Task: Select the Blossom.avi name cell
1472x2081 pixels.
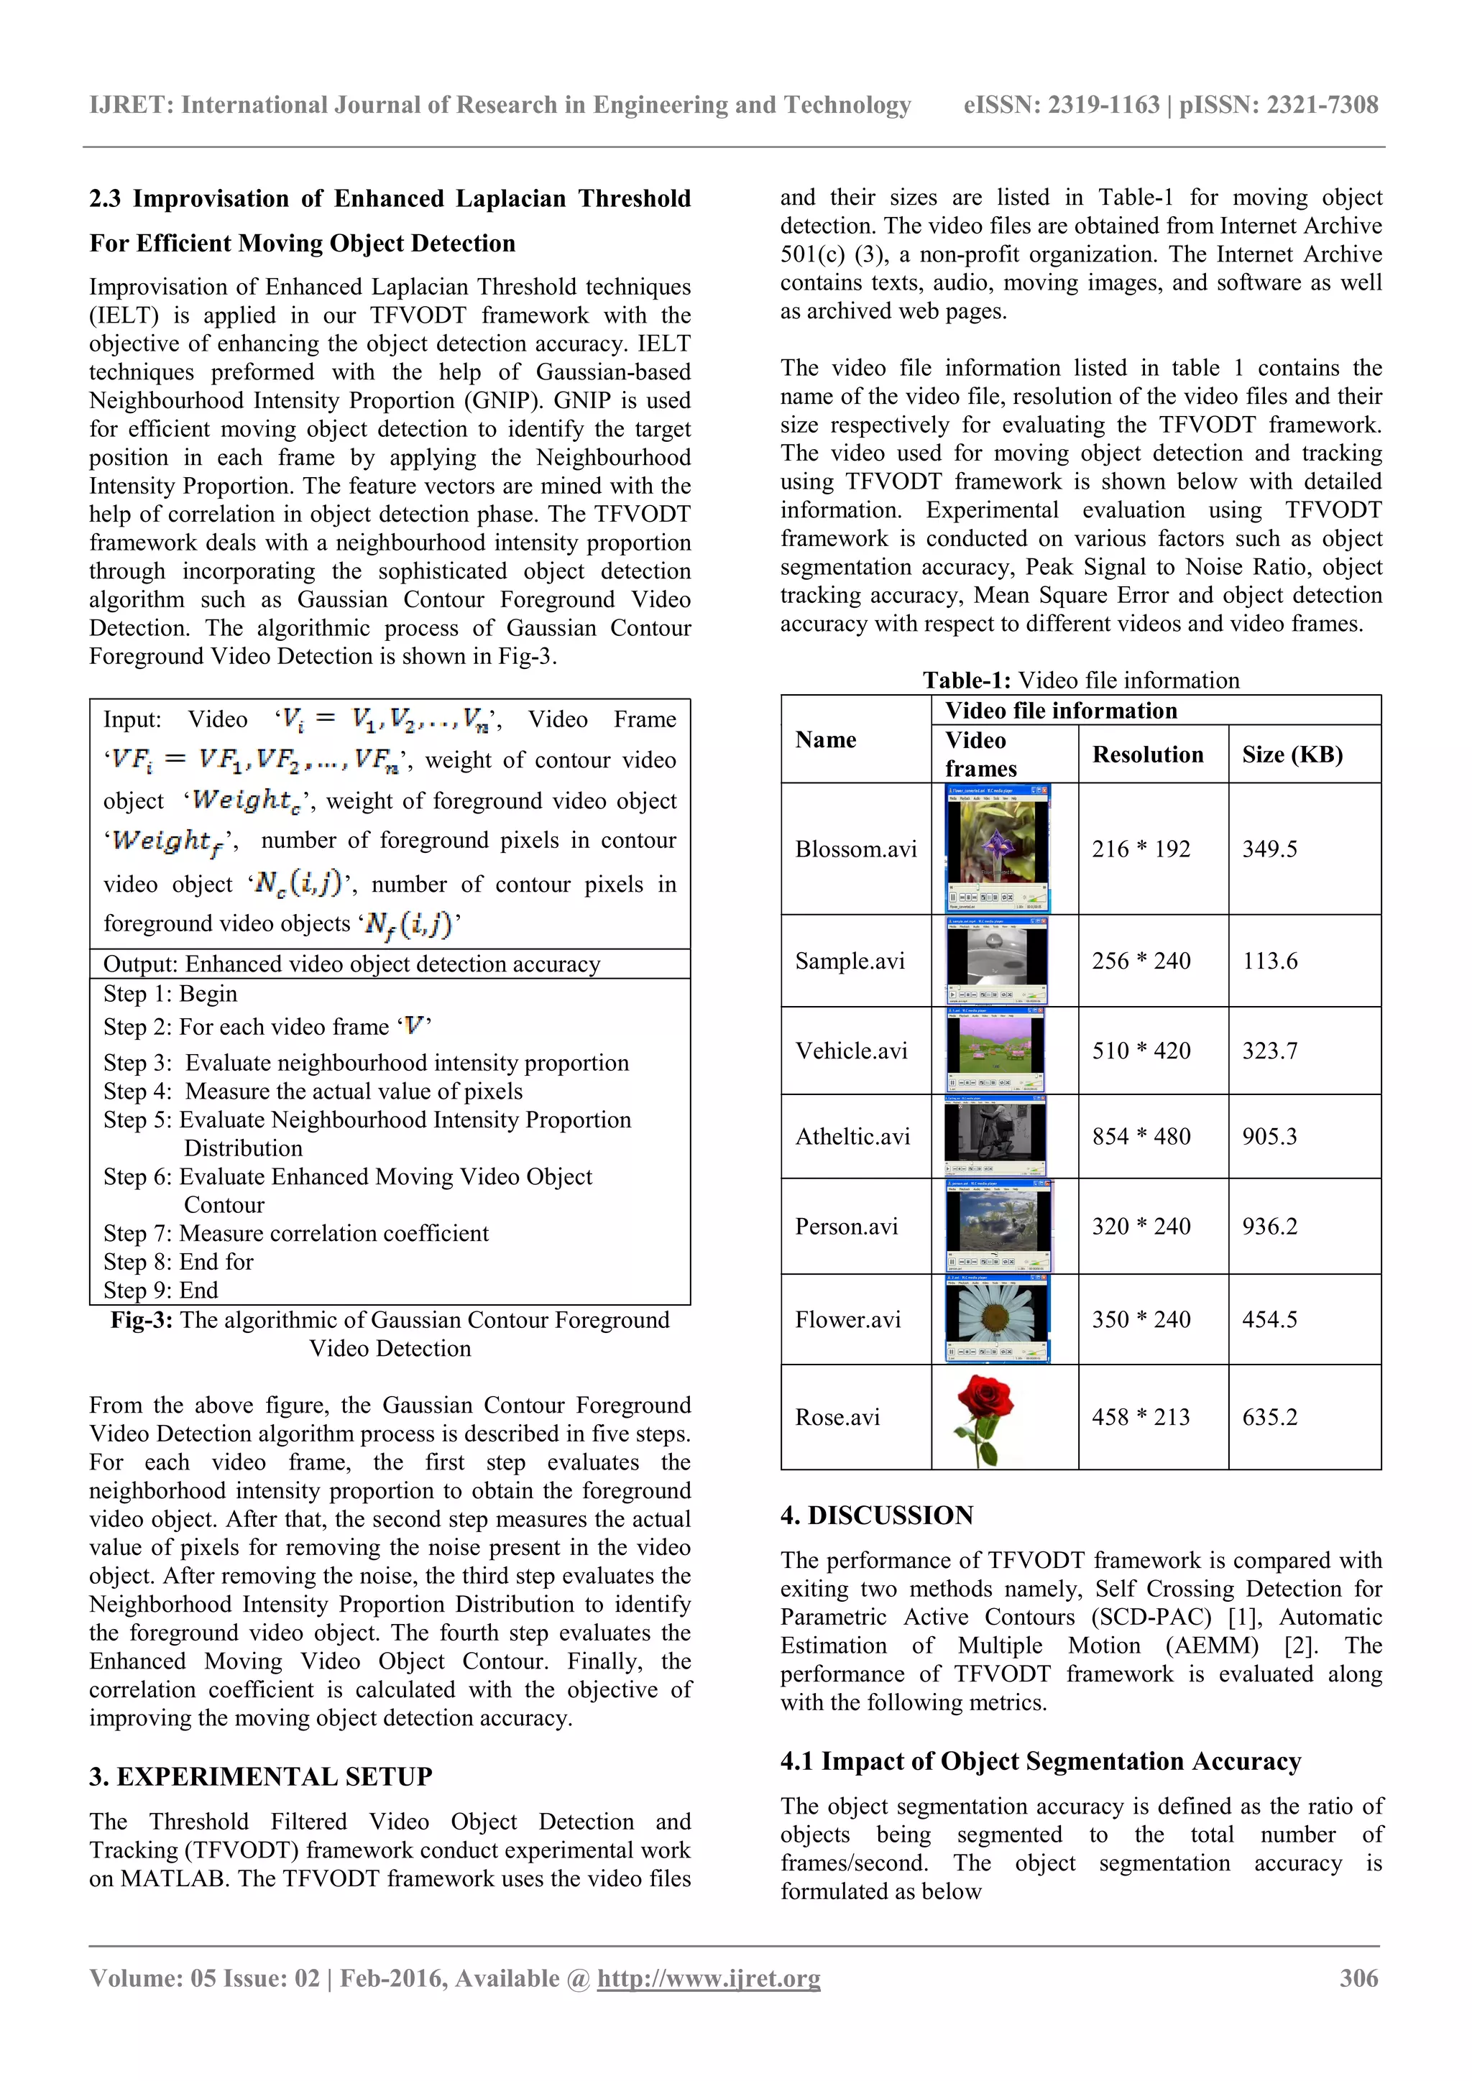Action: (855, 849)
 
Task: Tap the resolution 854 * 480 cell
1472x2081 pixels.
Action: (1140, 1137)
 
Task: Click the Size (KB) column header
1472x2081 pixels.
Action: (1292, 755)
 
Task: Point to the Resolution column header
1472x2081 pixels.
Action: (1148, 755)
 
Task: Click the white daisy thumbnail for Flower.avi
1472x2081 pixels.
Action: (997, 1319)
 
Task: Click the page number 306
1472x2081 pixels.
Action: (1358, 1978)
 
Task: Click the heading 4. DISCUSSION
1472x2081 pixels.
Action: (876, 1515)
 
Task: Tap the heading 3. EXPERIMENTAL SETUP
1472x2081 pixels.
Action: (260, 1776)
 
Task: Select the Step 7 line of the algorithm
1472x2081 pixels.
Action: (295, 1234)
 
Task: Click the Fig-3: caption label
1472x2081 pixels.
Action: (142, 1321)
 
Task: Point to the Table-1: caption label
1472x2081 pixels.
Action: (966, 680)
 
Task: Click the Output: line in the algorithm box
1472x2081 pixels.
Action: (351, 964)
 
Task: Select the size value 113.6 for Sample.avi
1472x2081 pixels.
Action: (1269, 961)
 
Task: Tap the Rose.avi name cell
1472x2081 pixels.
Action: (837, 1418)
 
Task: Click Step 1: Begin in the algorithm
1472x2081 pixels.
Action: (170, 995)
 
